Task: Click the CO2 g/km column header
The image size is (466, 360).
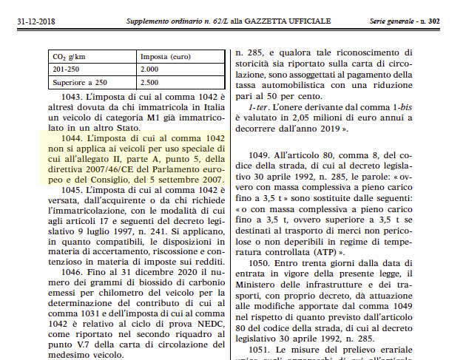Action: [x=70, y=56]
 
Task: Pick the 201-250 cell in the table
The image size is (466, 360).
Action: [x=67, y=69]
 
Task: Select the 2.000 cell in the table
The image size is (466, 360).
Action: [x=152, y=69]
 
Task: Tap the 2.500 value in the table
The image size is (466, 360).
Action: [x=152, y=81]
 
